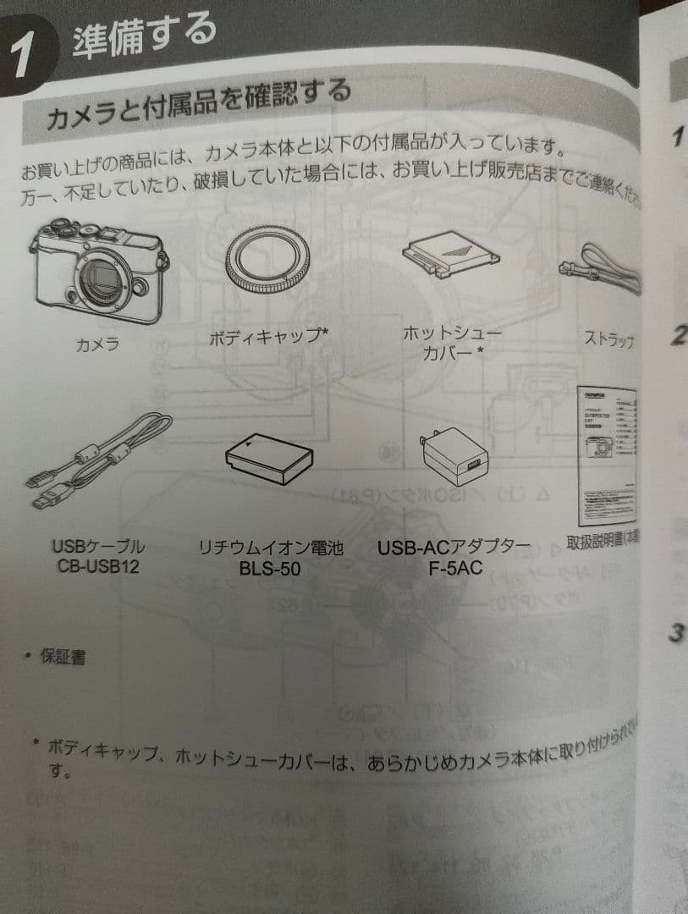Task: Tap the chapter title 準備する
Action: (x=144, y=37)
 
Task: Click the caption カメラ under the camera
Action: (x=96, y=344)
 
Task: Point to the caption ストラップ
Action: (x=608, y=340)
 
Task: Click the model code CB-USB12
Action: (x=98, y=566)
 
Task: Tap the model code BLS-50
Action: (x=270, y=569)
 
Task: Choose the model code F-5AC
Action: (x=455, y=567)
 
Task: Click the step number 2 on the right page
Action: (x=677, y=336)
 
